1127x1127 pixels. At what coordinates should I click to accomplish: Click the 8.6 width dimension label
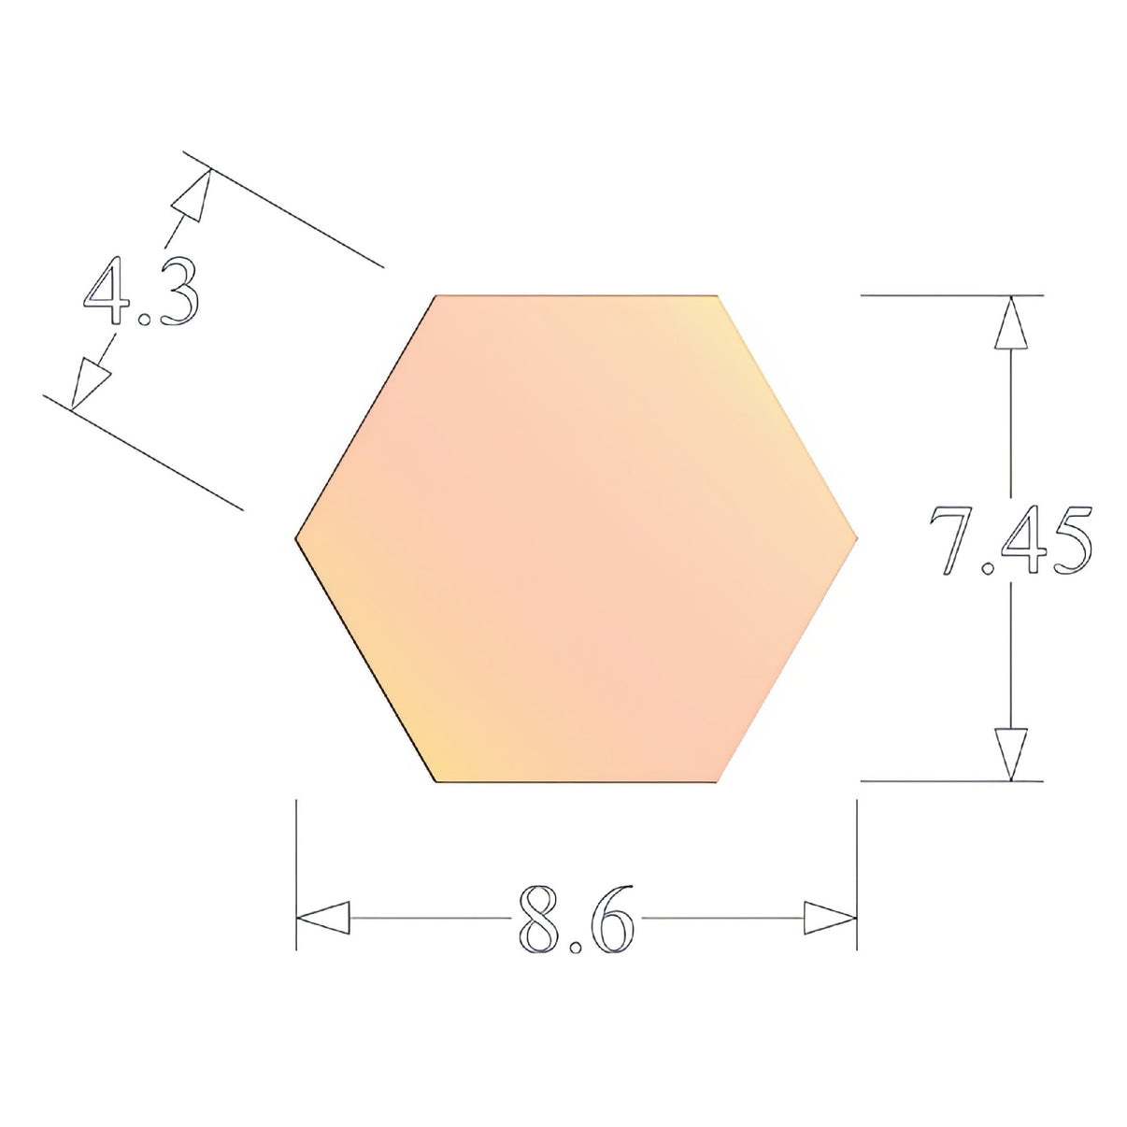[576, 918]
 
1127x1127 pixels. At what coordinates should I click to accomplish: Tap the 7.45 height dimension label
[1010, 541]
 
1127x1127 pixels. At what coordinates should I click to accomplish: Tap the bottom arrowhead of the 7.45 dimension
[1010, 752]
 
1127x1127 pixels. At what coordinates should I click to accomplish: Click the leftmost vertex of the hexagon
[296, 538]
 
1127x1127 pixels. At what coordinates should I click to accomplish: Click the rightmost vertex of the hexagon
[856, 538]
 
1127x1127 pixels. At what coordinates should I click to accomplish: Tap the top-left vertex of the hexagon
[436, 296]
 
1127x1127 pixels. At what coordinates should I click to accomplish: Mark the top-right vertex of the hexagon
[717, 296]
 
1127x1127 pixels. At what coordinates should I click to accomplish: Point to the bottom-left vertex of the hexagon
[436, 780]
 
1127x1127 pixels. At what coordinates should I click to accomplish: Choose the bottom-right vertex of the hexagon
[717, 780]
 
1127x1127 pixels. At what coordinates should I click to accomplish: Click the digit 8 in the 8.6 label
[539, 918]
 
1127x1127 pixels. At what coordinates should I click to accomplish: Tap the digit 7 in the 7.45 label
[955, 541]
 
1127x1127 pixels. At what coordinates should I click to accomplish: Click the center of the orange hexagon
[577, 538]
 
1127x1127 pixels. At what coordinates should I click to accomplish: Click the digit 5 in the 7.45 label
[1069, 541]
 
